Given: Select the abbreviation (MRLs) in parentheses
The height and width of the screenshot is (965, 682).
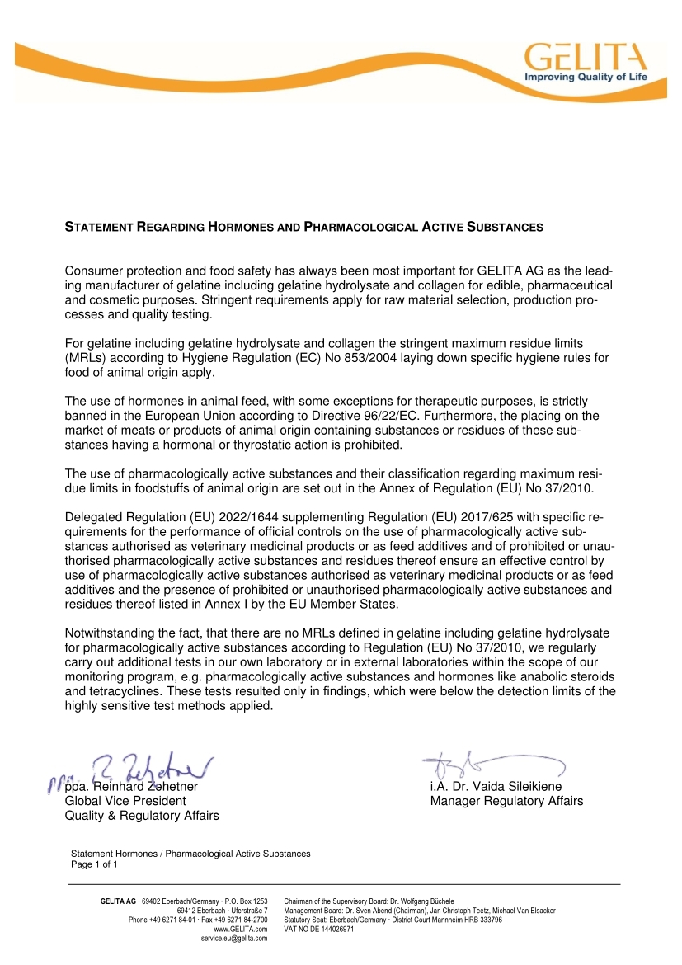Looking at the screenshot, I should point(91,357).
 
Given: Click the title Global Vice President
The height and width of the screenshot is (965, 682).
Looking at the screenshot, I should point(125,801).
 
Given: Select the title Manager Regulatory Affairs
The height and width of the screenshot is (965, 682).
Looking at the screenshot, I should point(506,801).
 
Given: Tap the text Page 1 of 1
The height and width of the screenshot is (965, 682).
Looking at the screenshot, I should point(96,864).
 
